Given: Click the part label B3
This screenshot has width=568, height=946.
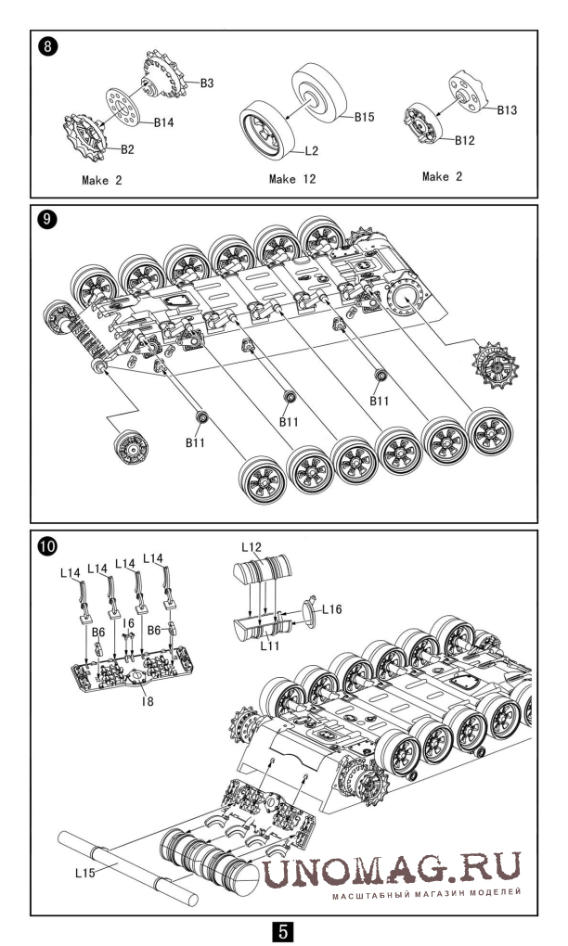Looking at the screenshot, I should (207, 83).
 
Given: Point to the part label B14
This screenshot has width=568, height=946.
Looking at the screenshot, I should (164, 122).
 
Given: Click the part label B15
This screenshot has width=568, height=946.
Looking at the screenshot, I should (363, 117).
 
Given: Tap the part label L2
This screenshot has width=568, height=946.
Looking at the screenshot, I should (313, 150).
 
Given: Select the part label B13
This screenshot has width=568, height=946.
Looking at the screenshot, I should (507, 109).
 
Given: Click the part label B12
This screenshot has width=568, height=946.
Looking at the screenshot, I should (465, 140).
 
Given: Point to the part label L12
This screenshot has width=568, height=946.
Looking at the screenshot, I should (252, 547).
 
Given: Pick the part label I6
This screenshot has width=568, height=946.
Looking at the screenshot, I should (130, 623).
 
